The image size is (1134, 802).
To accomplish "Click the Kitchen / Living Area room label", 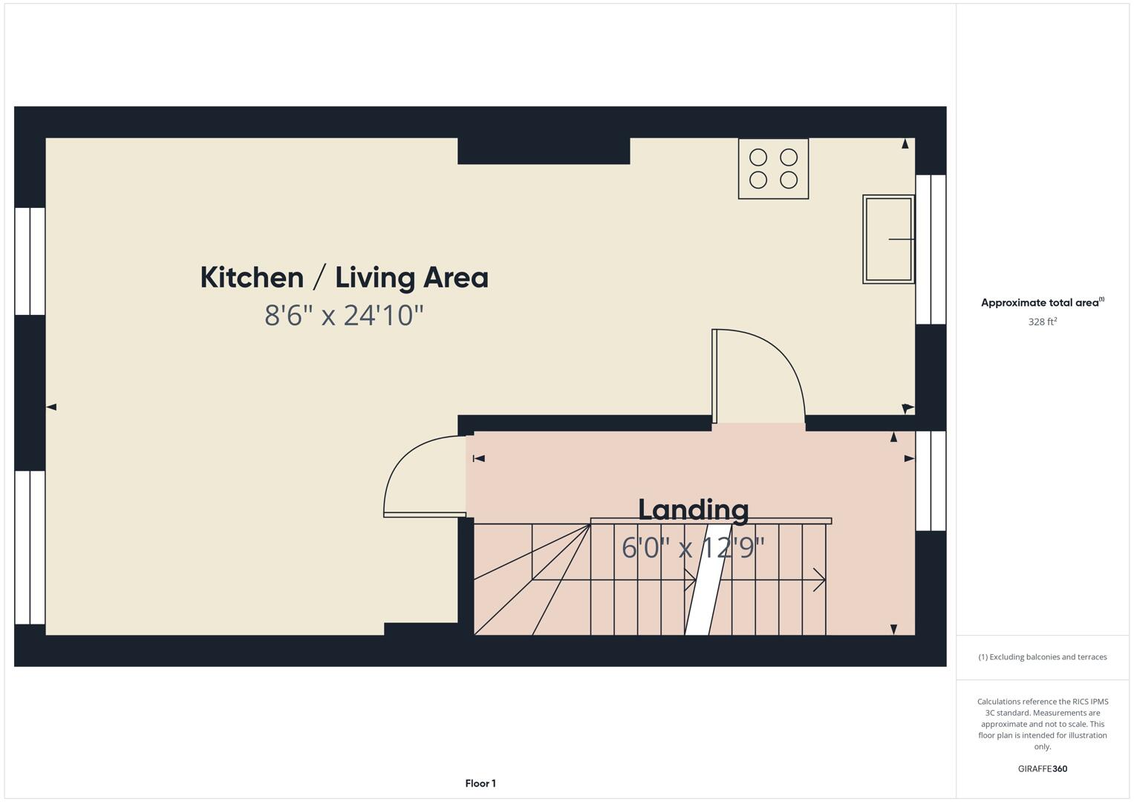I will click(344, 278).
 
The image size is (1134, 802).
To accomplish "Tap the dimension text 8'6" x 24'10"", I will click(344, 316).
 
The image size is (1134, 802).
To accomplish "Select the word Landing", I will click(693, 509).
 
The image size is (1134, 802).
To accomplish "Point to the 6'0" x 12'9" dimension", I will click(693, 548).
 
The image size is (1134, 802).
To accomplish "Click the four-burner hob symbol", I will click(773, 169).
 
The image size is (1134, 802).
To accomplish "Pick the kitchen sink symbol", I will click(888, 239).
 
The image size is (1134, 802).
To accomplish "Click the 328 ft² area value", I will click(1042, 322).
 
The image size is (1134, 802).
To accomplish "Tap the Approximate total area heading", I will click(1042, 302).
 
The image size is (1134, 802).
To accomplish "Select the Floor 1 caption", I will click(480, 783).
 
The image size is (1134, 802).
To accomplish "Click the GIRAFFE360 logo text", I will click(1042, 769).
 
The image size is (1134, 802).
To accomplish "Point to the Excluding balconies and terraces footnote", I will click(1042, 657).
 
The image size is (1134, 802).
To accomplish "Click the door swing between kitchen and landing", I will click(757, 375).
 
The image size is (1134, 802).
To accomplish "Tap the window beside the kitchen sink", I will click(931, 250).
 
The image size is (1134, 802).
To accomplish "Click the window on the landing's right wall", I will click(931, 480).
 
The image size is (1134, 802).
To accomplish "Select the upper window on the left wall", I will click(30, 261).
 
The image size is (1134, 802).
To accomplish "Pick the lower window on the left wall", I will click(30, 547).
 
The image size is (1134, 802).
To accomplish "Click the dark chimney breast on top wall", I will click(544, 151).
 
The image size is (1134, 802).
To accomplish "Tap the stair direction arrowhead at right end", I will click(820, 580).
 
